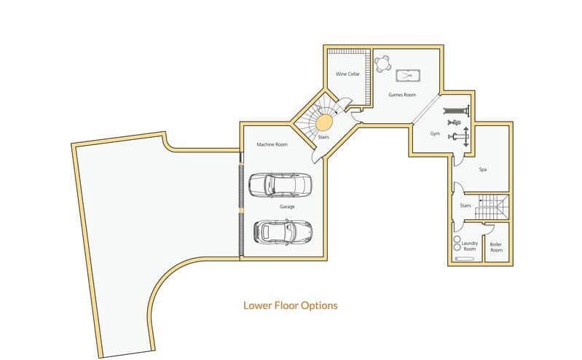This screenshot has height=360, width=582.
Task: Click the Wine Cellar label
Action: tap(347, 74)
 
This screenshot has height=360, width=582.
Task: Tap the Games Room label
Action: tap(401, 95)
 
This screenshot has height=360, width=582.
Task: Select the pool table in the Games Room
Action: tap(406, 75)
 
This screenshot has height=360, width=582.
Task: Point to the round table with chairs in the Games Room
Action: tap(383, 63)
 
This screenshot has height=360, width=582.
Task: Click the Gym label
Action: tap(435, 134)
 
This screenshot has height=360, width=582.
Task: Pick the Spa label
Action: tap(482, 169)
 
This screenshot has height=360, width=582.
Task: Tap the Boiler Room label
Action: tap(496, 247)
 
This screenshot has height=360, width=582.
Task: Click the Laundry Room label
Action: tap(470, 246)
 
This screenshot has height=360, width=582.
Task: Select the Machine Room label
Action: tap(272, 144)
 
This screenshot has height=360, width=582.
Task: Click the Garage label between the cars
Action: tap(287, 207)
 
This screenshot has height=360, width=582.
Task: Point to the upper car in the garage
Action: tap(280, 185)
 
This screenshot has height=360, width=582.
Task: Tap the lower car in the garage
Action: tap(282, 231)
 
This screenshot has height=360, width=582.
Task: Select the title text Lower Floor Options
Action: tap(290, 305)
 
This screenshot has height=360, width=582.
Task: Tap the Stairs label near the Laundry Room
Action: tap(465, 206)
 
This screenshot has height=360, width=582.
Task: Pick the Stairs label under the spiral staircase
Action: tap(323, 136)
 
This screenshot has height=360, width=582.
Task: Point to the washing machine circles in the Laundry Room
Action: tap(457, 243)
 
